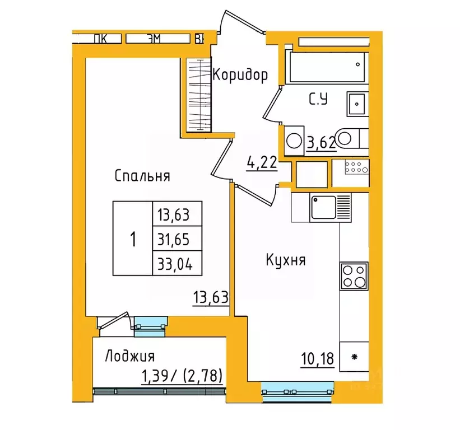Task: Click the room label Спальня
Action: pos(142,176)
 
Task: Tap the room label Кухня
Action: pos(286,260)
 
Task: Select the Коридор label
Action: pos(240,74)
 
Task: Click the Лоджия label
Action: pos(130,356)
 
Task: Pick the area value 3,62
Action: pos(321,143)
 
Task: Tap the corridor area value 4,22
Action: pos(262,163)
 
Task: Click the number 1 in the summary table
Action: pos(133,240)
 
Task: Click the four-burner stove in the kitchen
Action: pos(354,276)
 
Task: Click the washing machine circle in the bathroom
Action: pos(293,140)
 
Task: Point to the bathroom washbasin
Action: pos(356,103)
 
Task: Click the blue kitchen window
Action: pos(297,390)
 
